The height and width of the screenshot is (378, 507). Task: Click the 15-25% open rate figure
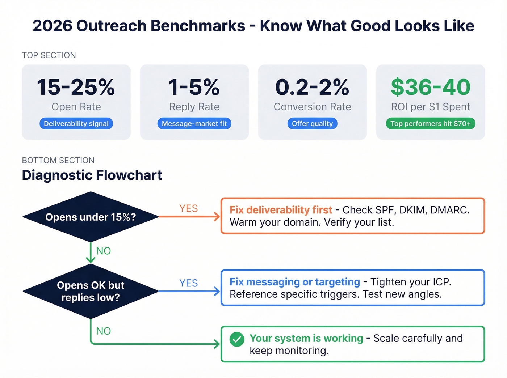tap(76, 87)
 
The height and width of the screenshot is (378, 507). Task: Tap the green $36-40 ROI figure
tap(431, 87)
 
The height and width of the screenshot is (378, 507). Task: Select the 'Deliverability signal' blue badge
tap(76, 124)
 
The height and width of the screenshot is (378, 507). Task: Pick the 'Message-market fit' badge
tap(194, 124)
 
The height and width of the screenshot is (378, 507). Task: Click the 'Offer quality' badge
tap(312, 124)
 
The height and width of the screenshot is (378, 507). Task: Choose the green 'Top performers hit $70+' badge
tap(430, 124)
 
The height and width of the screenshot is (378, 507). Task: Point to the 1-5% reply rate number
tap(194, 87)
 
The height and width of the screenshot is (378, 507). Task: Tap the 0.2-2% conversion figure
tap(312, 87)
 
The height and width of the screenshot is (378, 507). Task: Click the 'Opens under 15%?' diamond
tap(91, 217)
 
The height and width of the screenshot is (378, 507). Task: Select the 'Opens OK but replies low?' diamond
tap(91, 291)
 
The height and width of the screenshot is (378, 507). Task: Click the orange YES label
tap(188, 209)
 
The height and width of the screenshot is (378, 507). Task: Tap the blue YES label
tap(188, 283)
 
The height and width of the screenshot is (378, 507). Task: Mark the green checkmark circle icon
tap(237, 339)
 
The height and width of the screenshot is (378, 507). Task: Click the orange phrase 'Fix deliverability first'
tap(281, 210)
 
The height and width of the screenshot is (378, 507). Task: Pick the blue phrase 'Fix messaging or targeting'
tap(295, 282)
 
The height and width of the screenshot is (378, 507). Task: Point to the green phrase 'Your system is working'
tap(306, 338)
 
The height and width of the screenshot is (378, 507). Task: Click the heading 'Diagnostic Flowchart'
tap(92, 175)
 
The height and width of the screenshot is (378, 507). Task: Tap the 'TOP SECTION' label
tap(49, 55)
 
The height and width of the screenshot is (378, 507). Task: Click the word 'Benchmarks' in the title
tap(198, 26)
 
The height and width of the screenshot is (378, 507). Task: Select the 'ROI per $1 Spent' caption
tap(431, 107)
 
